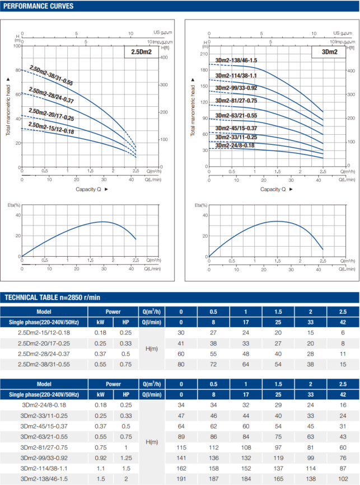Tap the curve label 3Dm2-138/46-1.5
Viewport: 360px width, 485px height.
[x=236, y=60]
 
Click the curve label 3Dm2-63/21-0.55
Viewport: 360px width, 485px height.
[x=236, y=116]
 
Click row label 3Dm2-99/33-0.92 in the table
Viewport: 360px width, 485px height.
[x=44, y=458]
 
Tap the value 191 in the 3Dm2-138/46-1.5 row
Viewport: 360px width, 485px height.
[x=180, y=478]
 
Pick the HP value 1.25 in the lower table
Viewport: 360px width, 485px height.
[x=125, y=458]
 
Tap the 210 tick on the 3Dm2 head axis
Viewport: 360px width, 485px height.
[x=204, y=54]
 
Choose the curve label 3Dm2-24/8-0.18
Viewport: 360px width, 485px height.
[x=235, y=145]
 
